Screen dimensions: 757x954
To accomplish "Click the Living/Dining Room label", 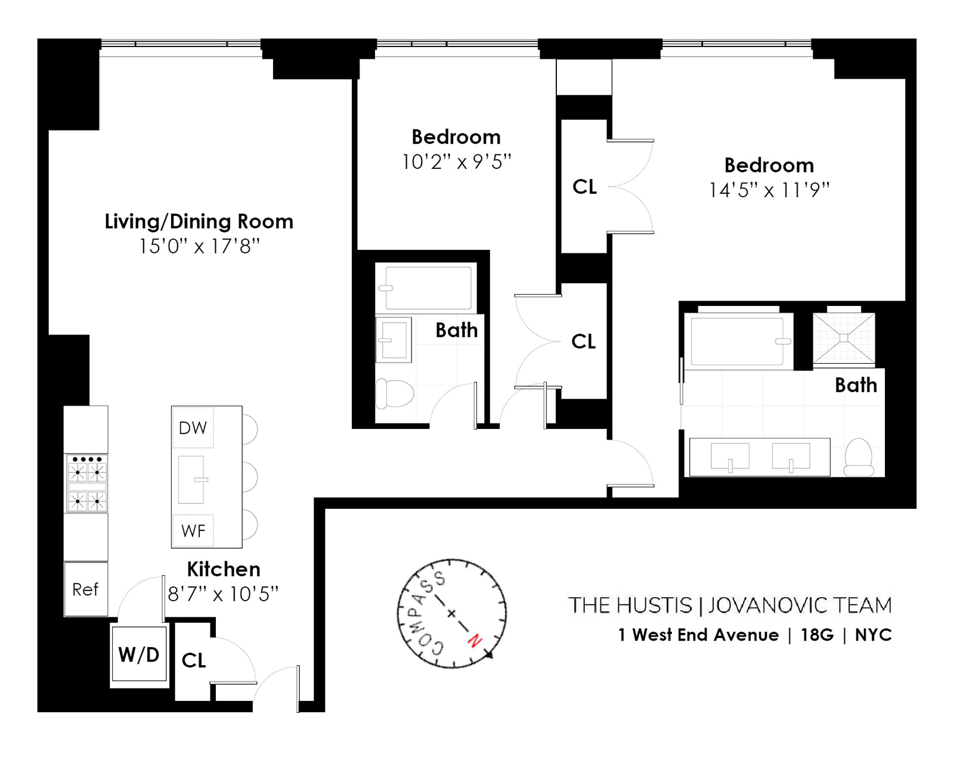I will click(x=199, y=221).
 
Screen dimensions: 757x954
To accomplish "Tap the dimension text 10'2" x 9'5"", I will click(x=456, y=162).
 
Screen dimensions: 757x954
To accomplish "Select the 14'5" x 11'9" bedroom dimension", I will click(x=769, y=190).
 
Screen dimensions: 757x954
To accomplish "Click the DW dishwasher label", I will click(x=193, y=428).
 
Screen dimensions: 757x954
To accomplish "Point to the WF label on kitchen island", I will click(x=193, y=531).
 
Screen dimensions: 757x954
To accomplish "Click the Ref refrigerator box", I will click(x=86, y=589).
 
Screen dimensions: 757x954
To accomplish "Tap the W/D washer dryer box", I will click(x=139, y=654).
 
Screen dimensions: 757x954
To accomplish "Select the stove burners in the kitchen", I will click(x=86, y=483).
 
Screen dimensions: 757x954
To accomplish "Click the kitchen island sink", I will click(x=191, y=480).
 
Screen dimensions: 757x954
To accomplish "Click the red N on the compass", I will click(x=475, y=641).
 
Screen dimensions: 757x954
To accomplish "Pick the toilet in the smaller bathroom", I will click(x=394, y=394).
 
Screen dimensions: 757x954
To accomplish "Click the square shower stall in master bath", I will click(x=844, y=338).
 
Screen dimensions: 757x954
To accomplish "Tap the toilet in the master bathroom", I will click(x=859, y=458).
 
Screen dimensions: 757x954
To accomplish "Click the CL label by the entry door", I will click(x=194, y=660).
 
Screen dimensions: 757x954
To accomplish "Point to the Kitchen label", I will click(x=224, y=569).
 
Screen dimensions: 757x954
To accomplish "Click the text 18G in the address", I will click(x=817, y=635).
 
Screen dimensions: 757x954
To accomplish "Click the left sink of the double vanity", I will click(x=730, y=456).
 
